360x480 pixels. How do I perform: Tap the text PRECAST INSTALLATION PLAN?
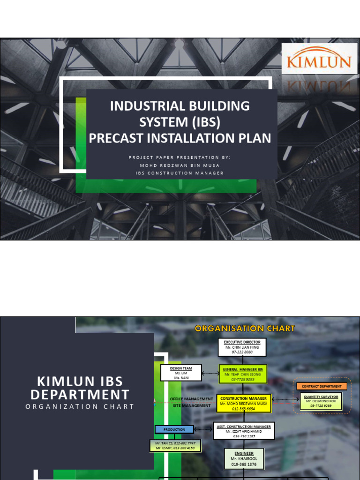pyautogui.click(x=180, y=138)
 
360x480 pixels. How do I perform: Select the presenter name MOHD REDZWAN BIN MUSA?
pyautogui.click(x=180, y=165)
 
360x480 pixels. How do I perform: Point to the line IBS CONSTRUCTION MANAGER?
pyautogui.click(x=180, y=173)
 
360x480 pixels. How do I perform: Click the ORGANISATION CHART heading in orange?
pyautogui.click(x=245, y=328)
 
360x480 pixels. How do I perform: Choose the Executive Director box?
pyautogui.click(x=242, y=347)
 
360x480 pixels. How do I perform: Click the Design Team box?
pyautogui.click(x=181, y=373)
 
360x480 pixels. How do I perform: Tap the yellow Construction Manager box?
pyautogui.click(x=244, y=403)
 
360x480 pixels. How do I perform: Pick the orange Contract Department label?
pyautogui.click(x=322, y=386)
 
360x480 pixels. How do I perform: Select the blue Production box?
pyautogui.click(x=174, y=429)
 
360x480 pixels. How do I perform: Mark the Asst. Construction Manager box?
pyautogui.click(x=244, y=431)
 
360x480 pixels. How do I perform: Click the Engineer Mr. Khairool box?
pyautogui.click(x=243, y=458)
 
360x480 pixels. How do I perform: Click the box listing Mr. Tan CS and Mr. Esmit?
pyautogui.click(x=175, y=445)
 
